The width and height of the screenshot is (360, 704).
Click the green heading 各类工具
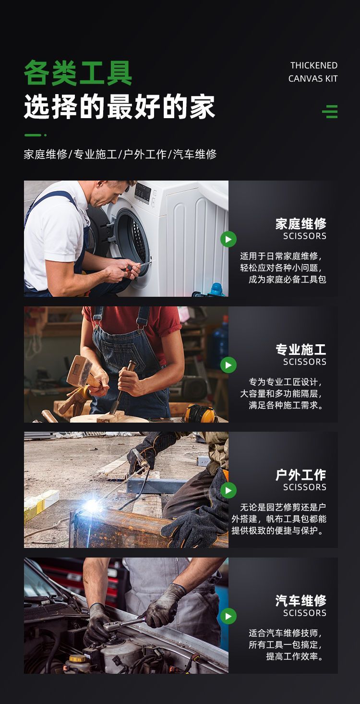(x=78, y=73)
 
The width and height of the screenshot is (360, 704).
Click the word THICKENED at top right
(x=314, y=65)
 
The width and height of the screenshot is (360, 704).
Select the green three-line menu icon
(x=330, y=111)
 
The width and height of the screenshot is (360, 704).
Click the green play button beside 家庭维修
(x=228, y=239)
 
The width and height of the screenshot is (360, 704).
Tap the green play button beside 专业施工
(x=228, y=365)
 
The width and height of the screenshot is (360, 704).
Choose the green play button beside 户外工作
(x=228, y=490)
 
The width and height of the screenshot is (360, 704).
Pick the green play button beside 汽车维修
(x=228, y=616)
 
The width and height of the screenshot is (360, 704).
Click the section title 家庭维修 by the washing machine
(x=301, y=224)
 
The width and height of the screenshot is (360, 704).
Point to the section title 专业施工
(x=301, y=350)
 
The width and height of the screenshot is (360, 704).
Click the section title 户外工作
(x=301, y=475)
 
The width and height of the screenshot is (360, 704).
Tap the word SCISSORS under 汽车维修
(x=305, y=613)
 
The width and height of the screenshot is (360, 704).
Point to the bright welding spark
(x=91, y=505)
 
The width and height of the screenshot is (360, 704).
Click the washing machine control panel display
(x=143, y=192)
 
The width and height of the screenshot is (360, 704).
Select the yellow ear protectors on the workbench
(x=200, y=413)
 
